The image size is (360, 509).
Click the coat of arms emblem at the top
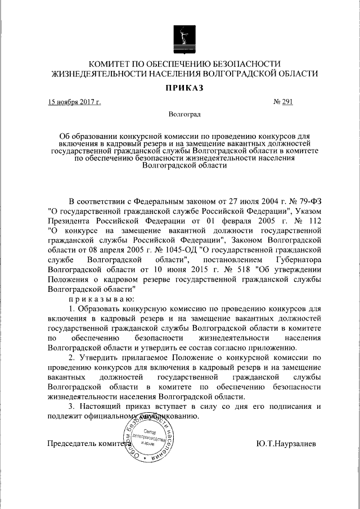click(x=183, y=38)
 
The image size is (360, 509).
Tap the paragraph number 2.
click(x=71, y=358)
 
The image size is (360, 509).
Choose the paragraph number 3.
click(x=71, y=408)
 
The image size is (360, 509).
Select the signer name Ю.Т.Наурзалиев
click(x=286, y=444)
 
